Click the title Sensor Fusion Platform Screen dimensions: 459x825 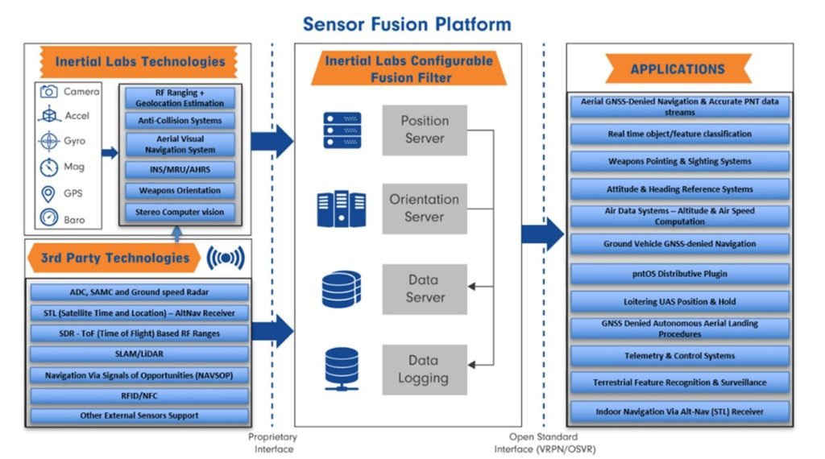407,23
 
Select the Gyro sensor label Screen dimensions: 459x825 77,142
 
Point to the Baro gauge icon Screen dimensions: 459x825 50,219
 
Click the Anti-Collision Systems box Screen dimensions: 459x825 180,121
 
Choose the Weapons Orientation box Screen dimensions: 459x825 180,191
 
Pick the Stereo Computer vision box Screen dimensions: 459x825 180,213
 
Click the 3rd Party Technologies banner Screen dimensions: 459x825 114,258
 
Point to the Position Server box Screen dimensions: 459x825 425,130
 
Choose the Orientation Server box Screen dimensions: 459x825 425,209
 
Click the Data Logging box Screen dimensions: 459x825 425,369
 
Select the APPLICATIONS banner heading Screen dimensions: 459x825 678,69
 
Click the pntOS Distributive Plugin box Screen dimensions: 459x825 680,274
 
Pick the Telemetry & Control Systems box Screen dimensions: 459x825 680,356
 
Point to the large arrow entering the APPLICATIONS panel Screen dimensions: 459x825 542,234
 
